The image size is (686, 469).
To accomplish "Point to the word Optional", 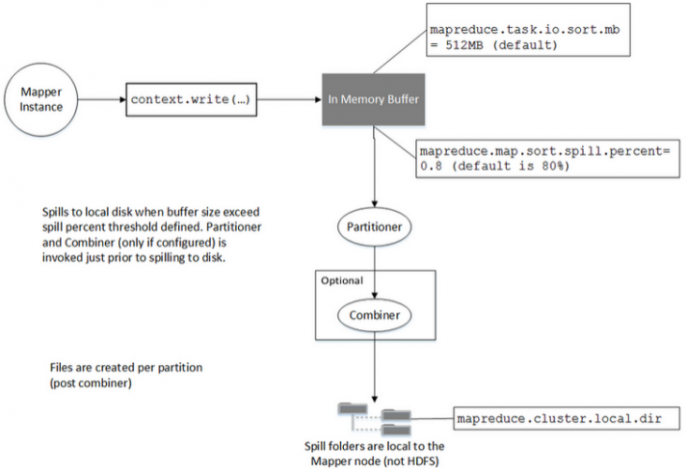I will pos(342,281).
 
